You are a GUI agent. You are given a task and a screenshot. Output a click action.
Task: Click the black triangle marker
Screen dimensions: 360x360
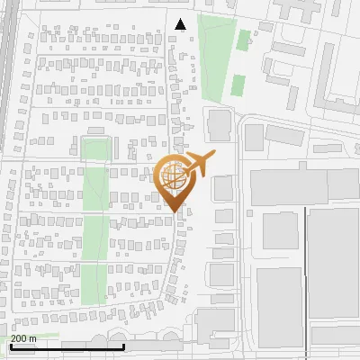click(x=181, y=24)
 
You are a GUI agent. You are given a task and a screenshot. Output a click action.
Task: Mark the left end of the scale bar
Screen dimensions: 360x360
click(x=11, y=346)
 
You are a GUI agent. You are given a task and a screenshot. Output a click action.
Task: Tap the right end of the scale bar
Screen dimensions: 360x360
click(x=123, y=346)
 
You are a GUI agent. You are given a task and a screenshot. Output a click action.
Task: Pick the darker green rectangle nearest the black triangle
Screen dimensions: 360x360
click(x=243, y=40)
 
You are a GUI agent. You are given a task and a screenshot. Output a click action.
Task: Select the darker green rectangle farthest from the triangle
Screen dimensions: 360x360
click(x=238, y=85)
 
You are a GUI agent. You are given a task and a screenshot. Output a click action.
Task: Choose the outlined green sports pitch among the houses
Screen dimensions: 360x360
click(x=95, y=148)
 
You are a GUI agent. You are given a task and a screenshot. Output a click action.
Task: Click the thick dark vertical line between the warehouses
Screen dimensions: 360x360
click(x=306, y=270)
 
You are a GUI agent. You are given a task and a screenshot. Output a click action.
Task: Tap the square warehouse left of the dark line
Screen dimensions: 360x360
click(x=280, y=231)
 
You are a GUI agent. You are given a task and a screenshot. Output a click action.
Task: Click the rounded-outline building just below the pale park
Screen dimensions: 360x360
click(x=218, y=124)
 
